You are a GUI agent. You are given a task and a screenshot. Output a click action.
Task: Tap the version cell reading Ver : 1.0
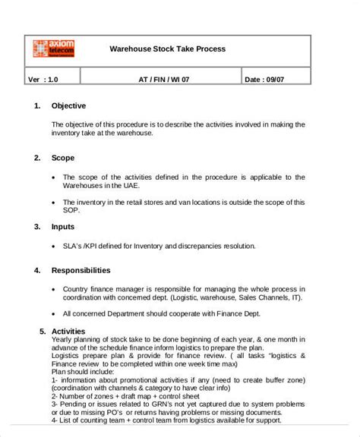coord(43,78)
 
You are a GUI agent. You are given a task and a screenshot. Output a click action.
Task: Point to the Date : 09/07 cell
coord(264,78)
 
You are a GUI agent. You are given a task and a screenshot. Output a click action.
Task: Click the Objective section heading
coord(68,105)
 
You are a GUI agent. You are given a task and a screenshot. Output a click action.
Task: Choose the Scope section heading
coord(63,158)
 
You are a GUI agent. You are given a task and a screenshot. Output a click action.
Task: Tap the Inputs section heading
coord(64,227)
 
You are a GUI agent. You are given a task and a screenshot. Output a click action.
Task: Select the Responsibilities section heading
coord(81,269)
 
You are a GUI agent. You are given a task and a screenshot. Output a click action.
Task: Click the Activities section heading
coord(68,332)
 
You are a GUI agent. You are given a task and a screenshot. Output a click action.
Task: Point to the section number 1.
coord(37,105)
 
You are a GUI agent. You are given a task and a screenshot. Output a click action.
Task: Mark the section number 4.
coord(37,269)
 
